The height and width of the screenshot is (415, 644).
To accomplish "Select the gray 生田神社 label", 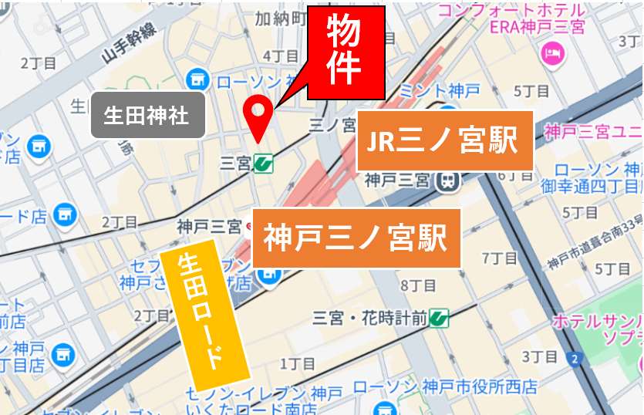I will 147,116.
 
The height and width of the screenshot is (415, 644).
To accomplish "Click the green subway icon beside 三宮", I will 265,163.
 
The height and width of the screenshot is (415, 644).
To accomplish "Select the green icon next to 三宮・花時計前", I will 440,316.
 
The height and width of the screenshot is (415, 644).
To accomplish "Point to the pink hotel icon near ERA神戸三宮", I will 552,53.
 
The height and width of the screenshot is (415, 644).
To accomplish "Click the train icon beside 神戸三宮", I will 446,181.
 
